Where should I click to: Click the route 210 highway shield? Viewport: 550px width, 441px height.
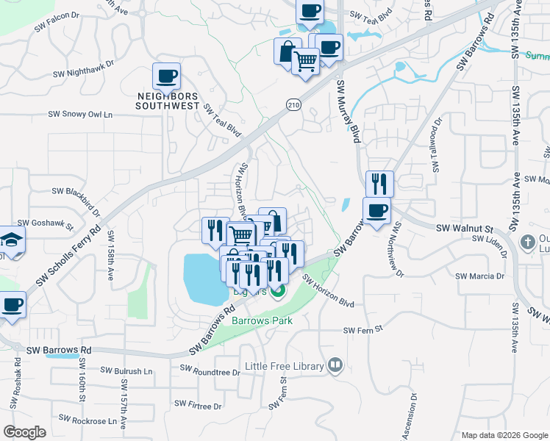(294, 107)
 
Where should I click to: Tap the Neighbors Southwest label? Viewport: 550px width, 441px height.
(168, 101)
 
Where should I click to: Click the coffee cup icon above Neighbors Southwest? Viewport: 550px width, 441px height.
(167, 76)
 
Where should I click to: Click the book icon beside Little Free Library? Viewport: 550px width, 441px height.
(335, 365)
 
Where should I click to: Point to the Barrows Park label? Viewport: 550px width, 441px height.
(262, 320)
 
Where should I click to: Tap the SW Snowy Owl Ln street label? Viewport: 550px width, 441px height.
(81, 115)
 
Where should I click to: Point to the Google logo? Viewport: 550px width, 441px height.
(25, 432)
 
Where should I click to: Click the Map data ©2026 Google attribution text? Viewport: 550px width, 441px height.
(504, 435)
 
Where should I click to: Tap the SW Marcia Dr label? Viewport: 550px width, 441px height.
(480, 276)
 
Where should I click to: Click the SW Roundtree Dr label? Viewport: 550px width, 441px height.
(208, 373)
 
